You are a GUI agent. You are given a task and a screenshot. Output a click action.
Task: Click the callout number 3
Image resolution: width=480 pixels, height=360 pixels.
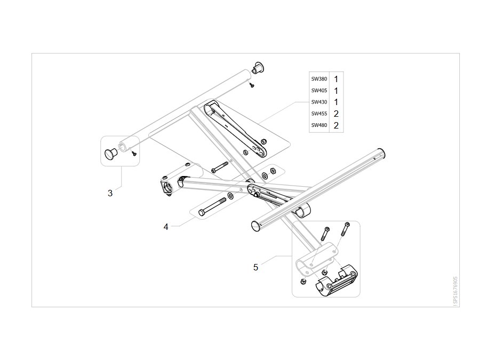point(110,193)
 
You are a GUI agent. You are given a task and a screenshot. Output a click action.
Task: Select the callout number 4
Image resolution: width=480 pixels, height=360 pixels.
point(166,227)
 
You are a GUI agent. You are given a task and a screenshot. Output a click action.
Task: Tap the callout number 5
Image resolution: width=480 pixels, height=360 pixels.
point(255,267)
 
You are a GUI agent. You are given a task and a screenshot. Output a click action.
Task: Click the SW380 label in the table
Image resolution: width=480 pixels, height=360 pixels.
point(319,79)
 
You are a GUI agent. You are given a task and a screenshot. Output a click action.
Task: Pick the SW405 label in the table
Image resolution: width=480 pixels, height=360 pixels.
point(319,91)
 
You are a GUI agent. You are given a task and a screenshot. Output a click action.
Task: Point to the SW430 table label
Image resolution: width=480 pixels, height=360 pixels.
point(319,102)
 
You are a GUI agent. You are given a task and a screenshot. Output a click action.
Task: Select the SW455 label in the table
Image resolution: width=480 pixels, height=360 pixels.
point(319,114)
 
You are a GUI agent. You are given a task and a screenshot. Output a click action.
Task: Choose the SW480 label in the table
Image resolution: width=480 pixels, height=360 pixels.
point(319,125)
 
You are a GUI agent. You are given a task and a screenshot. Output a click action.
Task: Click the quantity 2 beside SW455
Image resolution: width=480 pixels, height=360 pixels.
point(336,114)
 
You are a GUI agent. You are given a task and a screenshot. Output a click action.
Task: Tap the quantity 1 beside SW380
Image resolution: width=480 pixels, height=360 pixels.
point(336,79)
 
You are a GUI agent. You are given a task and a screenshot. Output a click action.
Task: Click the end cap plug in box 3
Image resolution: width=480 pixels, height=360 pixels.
point(111,153)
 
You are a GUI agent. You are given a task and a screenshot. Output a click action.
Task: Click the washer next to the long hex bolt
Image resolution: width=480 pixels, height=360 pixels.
point(230,196)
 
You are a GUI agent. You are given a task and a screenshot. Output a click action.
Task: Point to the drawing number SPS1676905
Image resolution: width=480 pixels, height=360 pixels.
point(455,291)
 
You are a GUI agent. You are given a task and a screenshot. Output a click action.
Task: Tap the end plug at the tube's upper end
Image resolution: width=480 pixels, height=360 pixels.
point(258,68)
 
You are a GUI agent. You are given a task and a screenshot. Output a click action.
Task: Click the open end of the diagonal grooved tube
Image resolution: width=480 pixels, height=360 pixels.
point(256,226)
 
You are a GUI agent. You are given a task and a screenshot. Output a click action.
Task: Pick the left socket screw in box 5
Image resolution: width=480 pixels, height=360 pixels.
point(325,234)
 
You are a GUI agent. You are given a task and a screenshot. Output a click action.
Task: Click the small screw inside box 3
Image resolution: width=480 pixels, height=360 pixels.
point(133,153)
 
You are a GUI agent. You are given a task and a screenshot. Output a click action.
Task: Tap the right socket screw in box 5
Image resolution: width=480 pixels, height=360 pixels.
point(345,229)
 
